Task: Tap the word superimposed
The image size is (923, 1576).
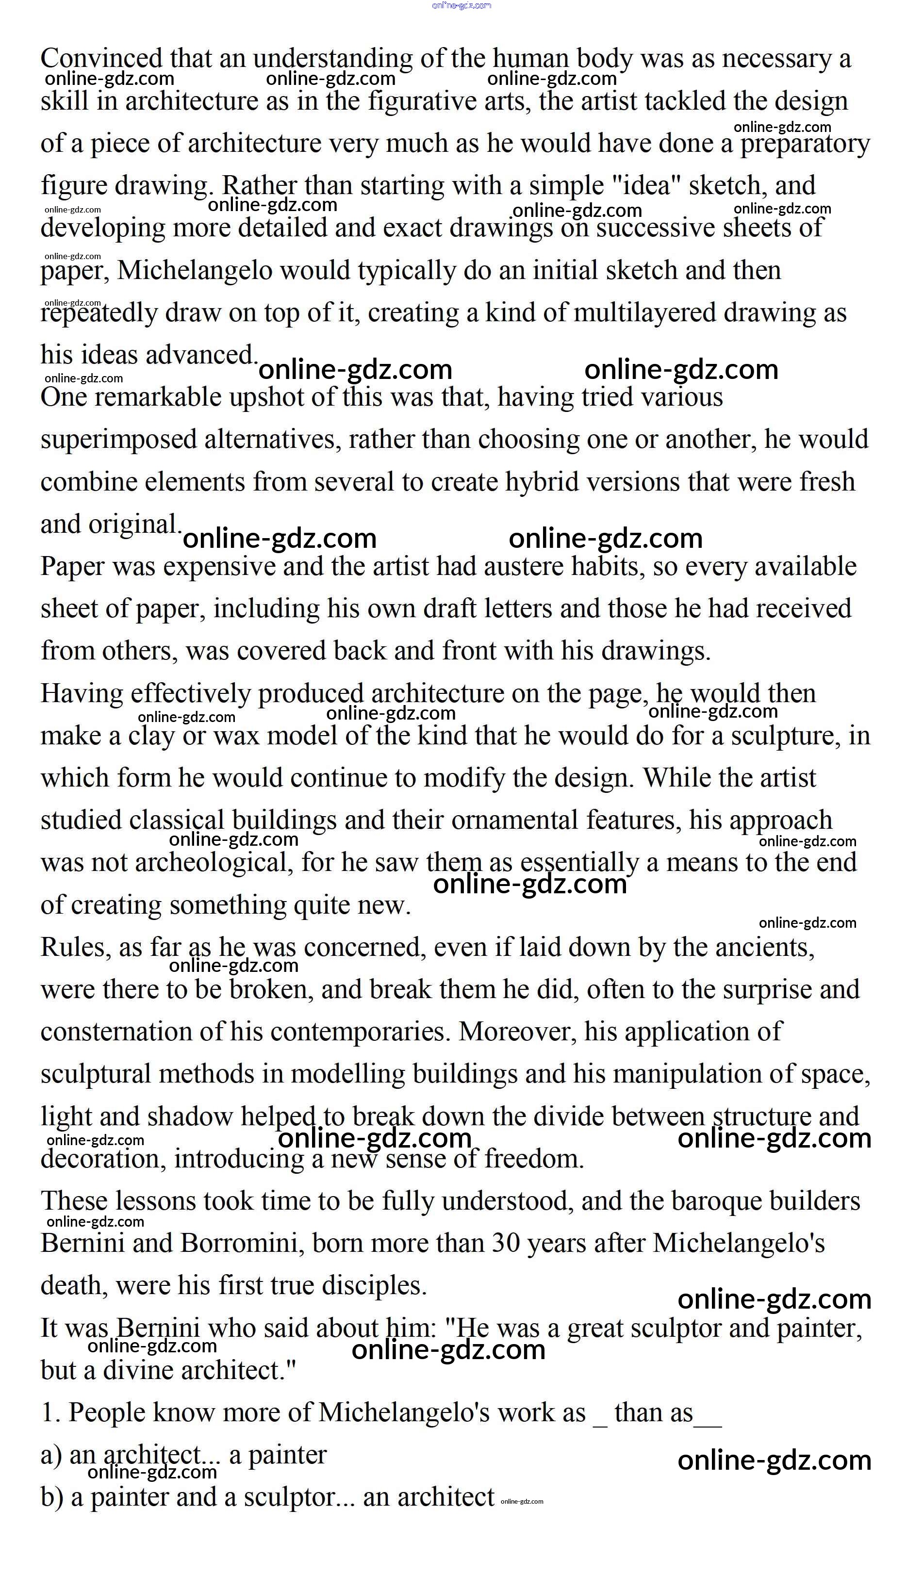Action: (x=119, y=440)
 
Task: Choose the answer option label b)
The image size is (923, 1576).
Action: (x=52, y=1498)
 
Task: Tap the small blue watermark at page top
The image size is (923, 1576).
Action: (x=461, y=6)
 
